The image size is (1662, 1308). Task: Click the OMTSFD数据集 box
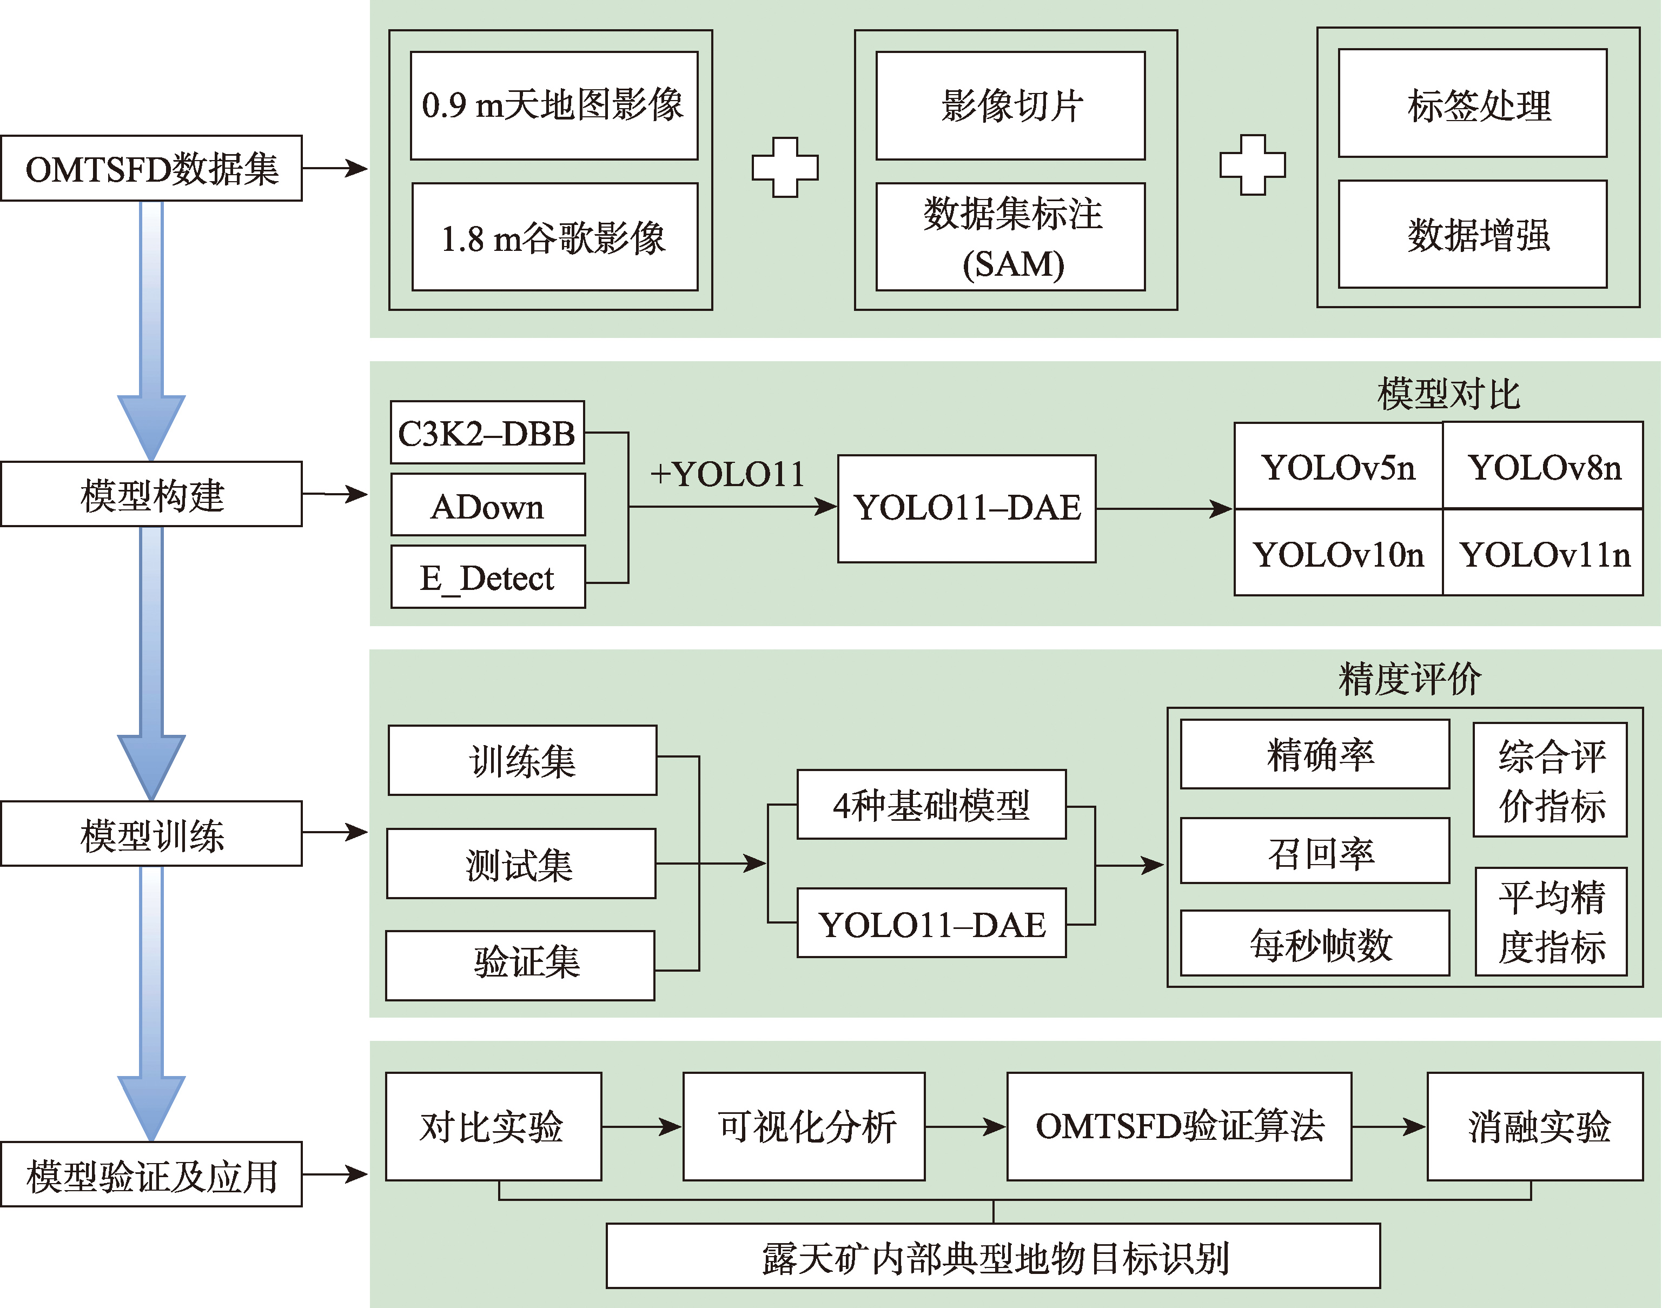(151, 169)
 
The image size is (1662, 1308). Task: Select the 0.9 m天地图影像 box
(554, 105)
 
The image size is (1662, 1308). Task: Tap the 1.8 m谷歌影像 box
(554, 237)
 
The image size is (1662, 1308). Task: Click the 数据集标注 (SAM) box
(1010, 237)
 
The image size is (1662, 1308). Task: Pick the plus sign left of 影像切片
(785, 168)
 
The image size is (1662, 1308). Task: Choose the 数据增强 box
(1472, 234)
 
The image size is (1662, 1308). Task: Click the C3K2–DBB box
(487, 433)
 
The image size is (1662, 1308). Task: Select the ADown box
(488, 504)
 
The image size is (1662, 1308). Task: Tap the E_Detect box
(488, 576)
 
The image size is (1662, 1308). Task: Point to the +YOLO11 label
(727, 475)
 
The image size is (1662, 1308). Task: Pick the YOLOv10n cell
(1338, 553)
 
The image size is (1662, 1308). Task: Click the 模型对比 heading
(1447, 394)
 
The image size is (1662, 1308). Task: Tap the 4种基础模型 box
(931, 805)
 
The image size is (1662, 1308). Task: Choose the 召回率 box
(1314, 851)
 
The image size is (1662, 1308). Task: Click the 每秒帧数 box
(1314, 942)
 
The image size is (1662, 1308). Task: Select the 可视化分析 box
(804, 1126)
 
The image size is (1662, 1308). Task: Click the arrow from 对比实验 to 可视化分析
(642, 1126)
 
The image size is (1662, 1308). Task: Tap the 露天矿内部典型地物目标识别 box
(992, 1256)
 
